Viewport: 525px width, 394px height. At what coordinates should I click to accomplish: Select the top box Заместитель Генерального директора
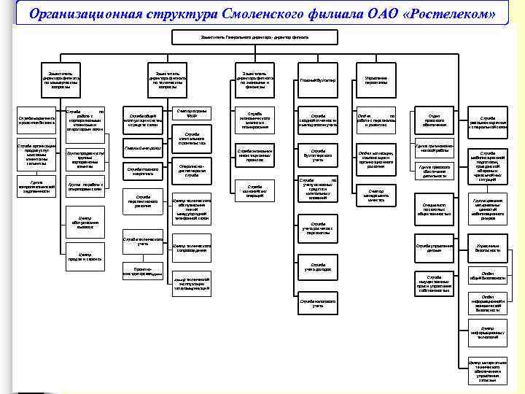click(254, 36)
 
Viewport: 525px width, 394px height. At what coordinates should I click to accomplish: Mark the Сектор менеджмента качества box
click(376, 195)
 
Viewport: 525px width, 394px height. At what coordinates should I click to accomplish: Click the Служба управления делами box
click(435, 249)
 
